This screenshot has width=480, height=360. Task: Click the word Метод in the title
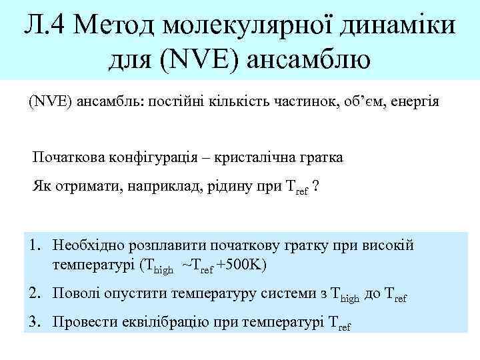click(x=116, y=26)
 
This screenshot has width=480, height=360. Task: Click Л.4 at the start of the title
click(x=45, y=26)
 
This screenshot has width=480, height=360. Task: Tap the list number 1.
click(x=35, y=245)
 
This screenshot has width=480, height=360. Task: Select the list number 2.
click(x=35, y=292)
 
